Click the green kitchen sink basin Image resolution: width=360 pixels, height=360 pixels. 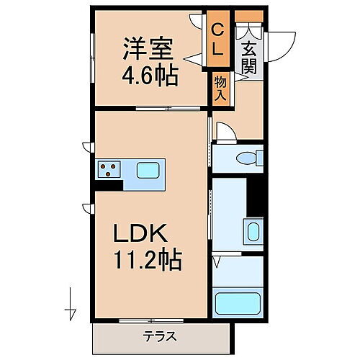(149, 171)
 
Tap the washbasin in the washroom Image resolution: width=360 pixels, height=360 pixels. (253, 232)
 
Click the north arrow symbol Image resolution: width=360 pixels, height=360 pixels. (71, 302)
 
